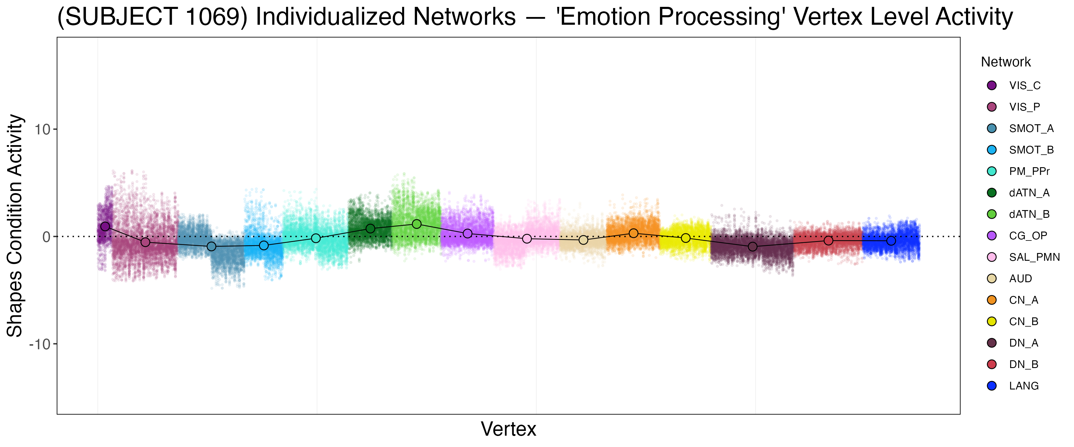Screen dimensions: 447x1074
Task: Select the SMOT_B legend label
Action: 1031,150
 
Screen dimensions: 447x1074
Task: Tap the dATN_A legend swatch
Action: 992,193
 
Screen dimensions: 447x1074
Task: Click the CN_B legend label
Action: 1024,322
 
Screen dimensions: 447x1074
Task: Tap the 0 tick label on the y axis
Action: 46,237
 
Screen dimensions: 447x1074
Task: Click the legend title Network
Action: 1006,62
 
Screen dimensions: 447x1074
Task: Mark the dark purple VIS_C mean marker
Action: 105,226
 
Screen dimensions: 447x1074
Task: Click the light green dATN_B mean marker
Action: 416,224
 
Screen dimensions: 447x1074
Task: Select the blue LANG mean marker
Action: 891,241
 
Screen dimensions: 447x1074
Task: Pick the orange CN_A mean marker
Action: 633,233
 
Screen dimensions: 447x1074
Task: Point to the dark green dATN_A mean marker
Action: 370,229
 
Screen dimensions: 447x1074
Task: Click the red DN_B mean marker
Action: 828,241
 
